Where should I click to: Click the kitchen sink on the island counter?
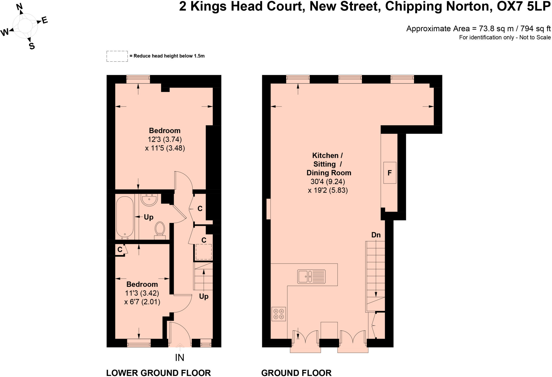311,276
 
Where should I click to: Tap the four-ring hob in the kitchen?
278,314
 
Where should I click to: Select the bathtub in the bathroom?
125,217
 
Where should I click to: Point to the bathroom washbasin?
149,200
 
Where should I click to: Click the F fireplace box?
389,173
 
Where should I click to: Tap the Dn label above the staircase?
376,235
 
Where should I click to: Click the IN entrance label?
180,358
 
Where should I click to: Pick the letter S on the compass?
32,46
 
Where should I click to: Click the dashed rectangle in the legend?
117,56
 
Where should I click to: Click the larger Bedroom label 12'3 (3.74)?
165,139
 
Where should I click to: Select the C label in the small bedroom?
120,250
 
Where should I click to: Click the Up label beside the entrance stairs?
204,296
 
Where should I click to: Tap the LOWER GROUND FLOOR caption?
158,373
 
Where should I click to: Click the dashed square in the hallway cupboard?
203,252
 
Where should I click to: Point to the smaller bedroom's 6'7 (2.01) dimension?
142,302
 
